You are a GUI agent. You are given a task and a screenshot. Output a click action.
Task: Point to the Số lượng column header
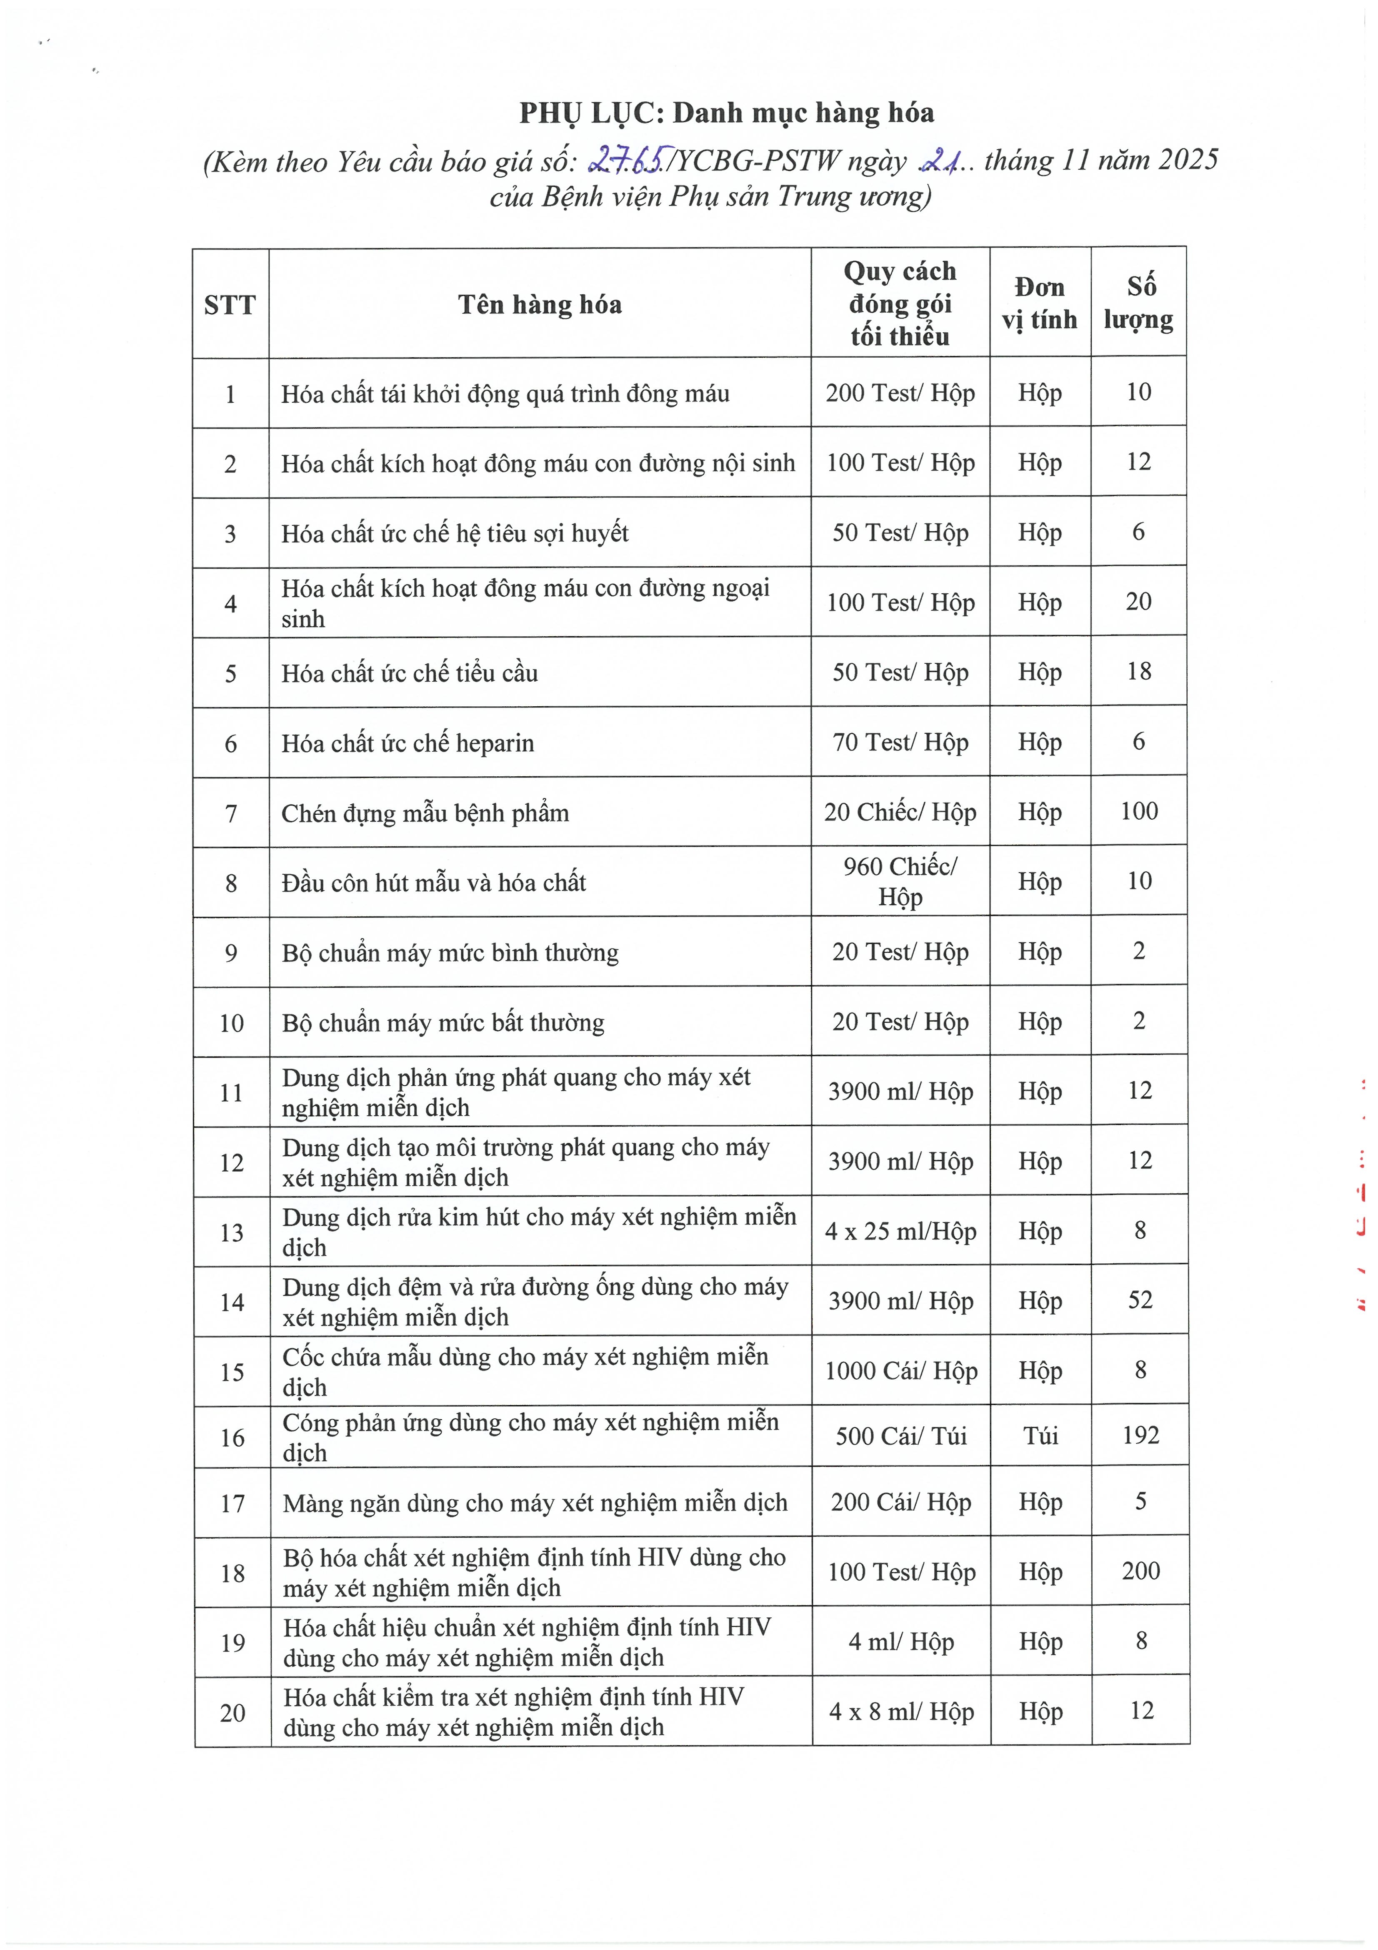[1138, 303]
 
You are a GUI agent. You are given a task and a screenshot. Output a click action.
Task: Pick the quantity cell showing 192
[1140, 1436]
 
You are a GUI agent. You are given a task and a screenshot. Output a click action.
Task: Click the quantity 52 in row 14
[1139, 1300]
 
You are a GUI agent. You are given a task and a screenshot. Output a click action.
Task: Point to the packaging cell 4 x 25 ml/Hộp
[900, 1231]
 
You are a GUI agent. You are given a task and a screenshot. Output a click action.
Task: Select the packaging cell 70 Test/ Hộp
[900, 742]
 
